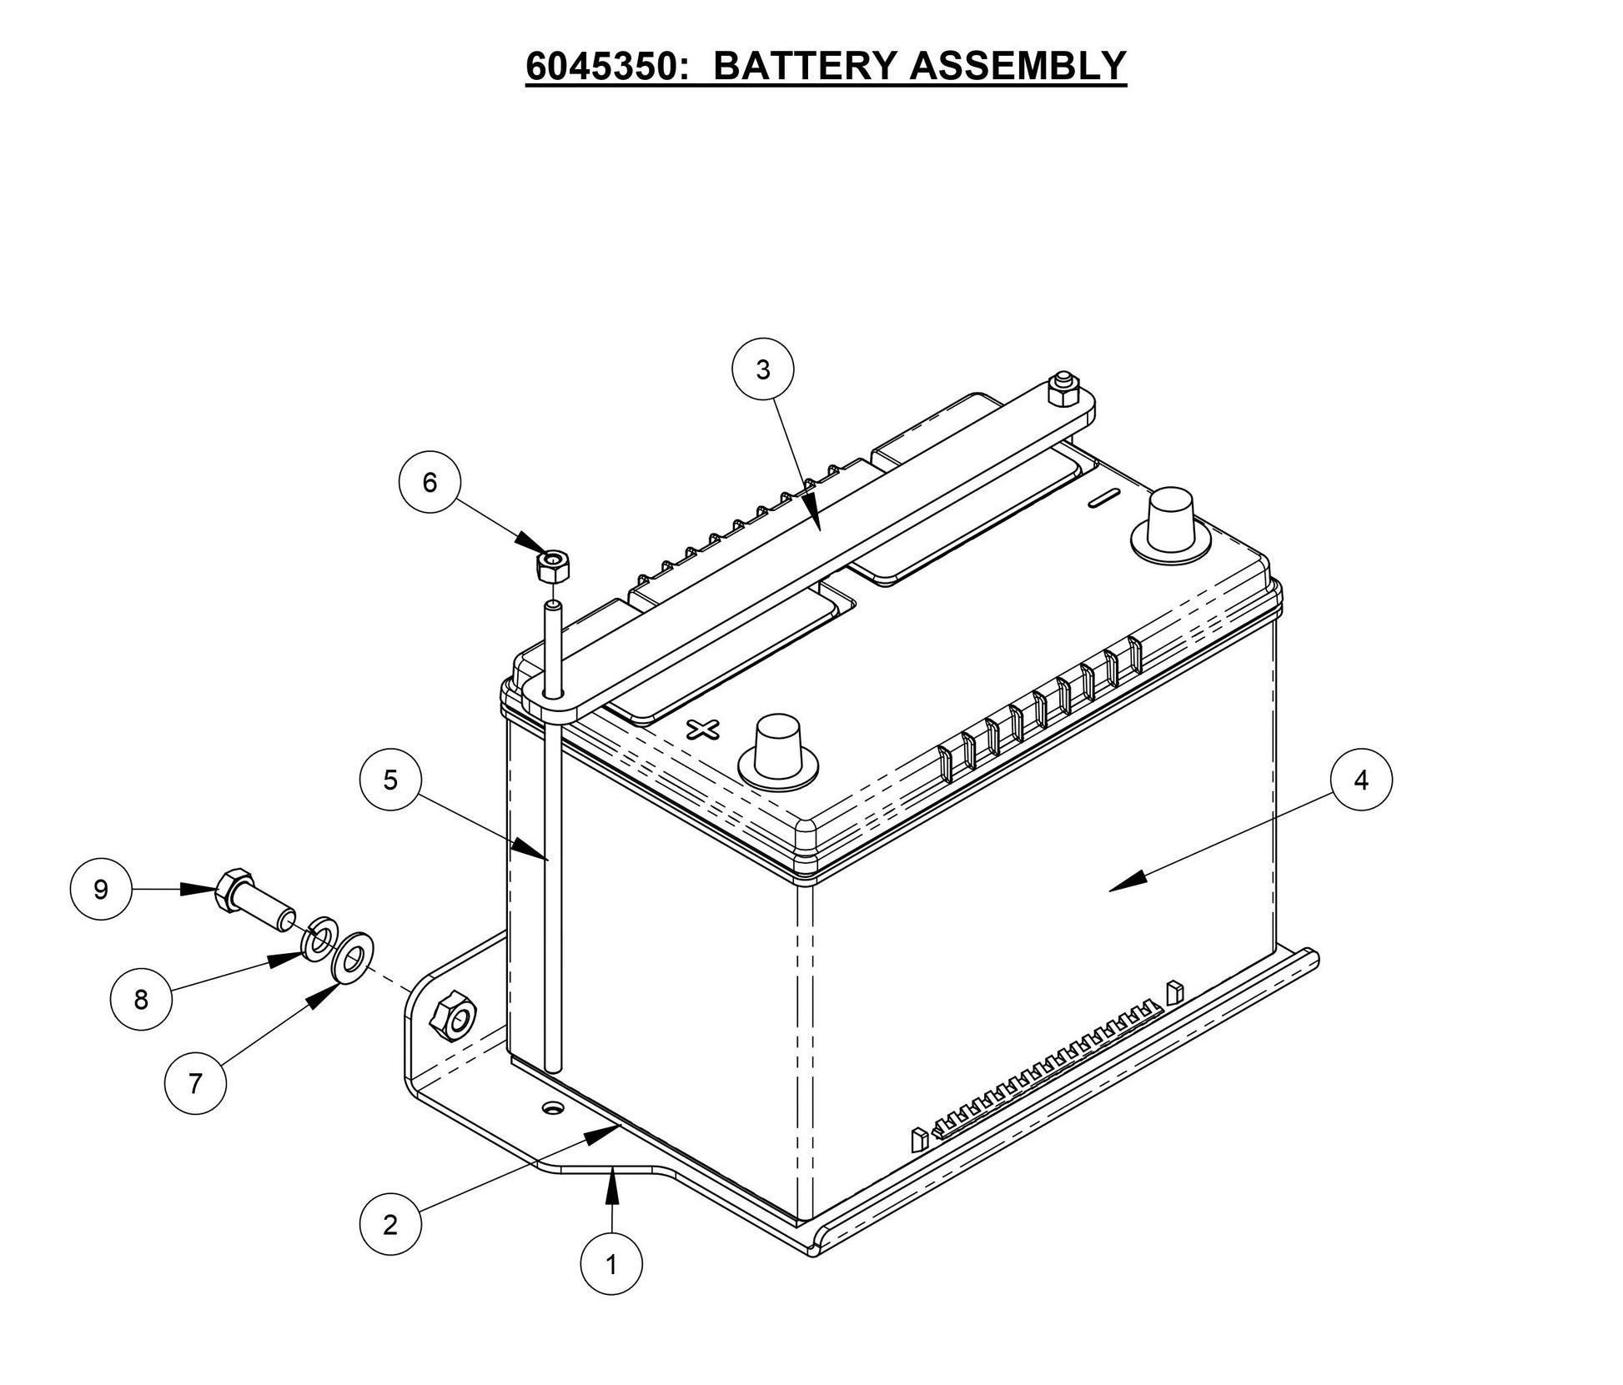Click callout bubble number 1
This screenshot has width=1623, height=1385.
(x=611, y=1265)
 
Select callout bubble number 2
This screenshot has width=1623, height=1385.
(x=390, y=1225)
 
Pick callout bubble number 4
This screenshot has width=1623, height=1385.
(x=1362, y=780)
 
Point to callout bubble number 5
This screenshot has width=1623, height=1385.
(x=390, y=780)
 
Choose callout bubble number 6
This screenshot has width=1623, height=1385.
(x=430, y=482)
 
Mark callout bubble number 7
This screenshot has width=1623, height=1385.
(x=195, y=1083)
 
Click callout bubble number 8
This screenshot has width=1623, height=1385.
(x=141, y=999)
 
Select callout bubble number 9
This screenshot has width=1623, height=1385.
(x=101, y=889)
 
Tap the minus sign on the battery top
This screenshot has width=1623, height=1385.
(x=1103, y=499)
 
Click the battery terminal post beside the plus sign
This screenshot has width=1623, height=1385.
(x=778, y=745)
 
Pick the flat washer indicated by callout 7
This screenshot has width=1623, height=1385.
(x=354, y=956)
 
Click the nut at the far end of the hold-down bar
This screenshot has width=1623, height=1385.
(x=1063, y=389)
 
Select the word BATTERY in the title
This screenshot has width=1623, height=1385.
(x=804, y=65)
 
